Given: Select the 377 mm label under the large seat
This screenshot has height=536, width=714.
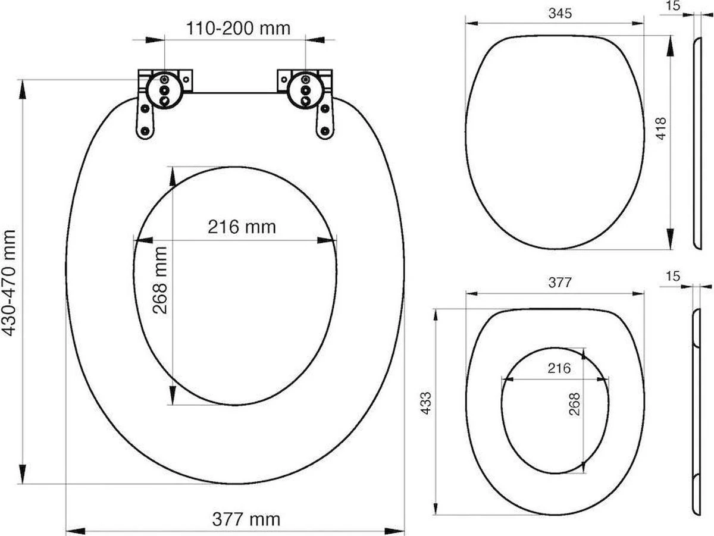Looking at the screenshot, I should pos(246,519).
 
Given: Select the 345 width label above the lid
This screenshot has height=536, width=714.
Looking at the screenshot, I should pos(556,15).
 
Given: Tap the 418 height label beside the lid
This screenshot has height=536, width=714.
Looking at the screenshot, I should pos(660,128).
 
